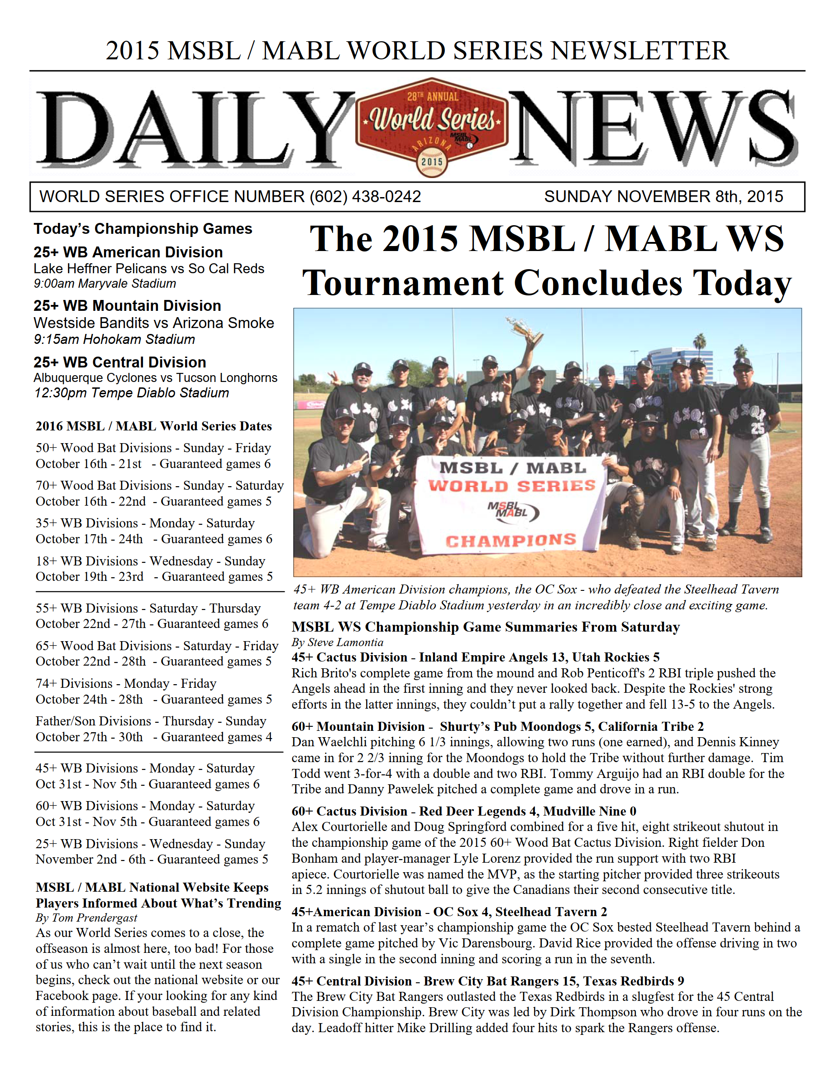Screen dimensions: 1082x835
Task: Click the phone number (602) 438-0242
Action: pos(365,197)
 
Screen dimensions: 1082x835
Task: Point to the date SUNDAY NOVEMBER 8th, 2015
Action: pos(663,197)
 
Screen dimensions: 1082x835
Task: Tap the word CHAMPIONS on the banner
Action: pos(511,540)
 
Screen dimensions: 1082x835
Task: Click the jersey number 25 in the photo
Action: pos(757,427)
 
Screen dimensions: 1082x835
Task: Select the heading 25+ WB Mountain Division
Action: pos(127,306)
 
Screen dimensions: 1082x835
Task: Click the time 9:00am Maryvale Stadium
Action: pos(105,284)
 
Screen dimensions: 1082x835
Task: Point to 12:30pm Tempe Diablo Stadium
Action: pos(132,393)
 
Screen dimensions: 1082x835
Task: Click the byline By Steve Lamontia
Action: pos(338,642)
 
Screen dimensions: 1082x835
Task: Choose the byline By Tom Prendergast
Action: pos(86,918)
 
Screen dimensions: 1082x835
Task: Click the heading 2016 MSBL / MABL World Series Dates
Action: pos(153,426)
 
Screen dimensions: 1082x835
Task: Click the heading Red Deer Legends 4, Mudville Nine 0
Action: pos(527,811)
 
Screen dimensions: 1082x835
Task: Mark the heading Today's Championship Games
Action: pos(143,229)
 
